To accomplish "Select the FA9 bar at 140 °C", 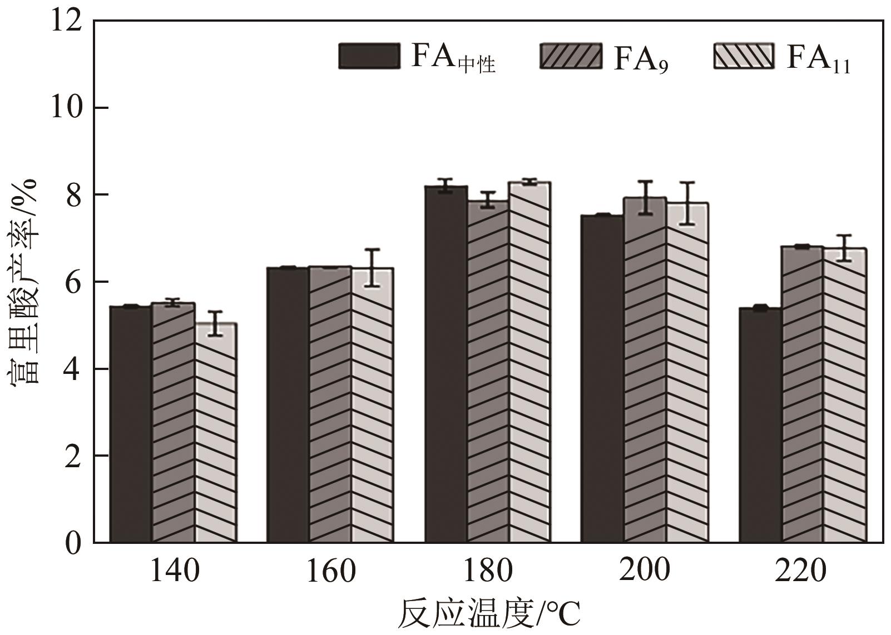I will pyautogui.click(x=173, y=422).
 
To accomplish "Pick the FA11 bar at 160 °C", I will pyautogui.click(x=373, y=406).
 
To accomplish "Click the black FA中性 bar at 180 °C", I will pyautogui.click(x=446, y=364).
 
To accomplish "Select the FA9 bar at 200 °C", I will pyautogui.click(x=645, y=369).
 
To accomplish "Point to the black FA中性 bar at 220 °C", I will pyautogui.click(x=760, y=425).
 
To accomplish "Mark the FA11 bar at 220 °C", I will pyautogui.click(x=844, y=395).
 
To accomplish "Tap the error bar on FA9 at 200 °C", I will pyautogui.click(x=645, y=197).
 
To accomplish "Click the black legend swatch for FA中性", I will pyautogui.click(x=369, y=56).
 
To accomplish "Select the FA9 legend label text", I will pyautogui.click(x=641, y=58).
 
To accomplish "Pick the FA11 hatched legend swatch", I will pyautogui.click(x=743, y=56).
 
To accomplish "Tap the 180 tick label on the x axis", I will pyautogui.click(x=488, y=571).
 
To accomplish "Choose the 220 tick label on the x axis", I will pyautogui.click(x=801, y=571).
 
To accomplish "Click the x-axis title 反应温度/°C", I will pyautogui.click(x=489, y=614).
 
